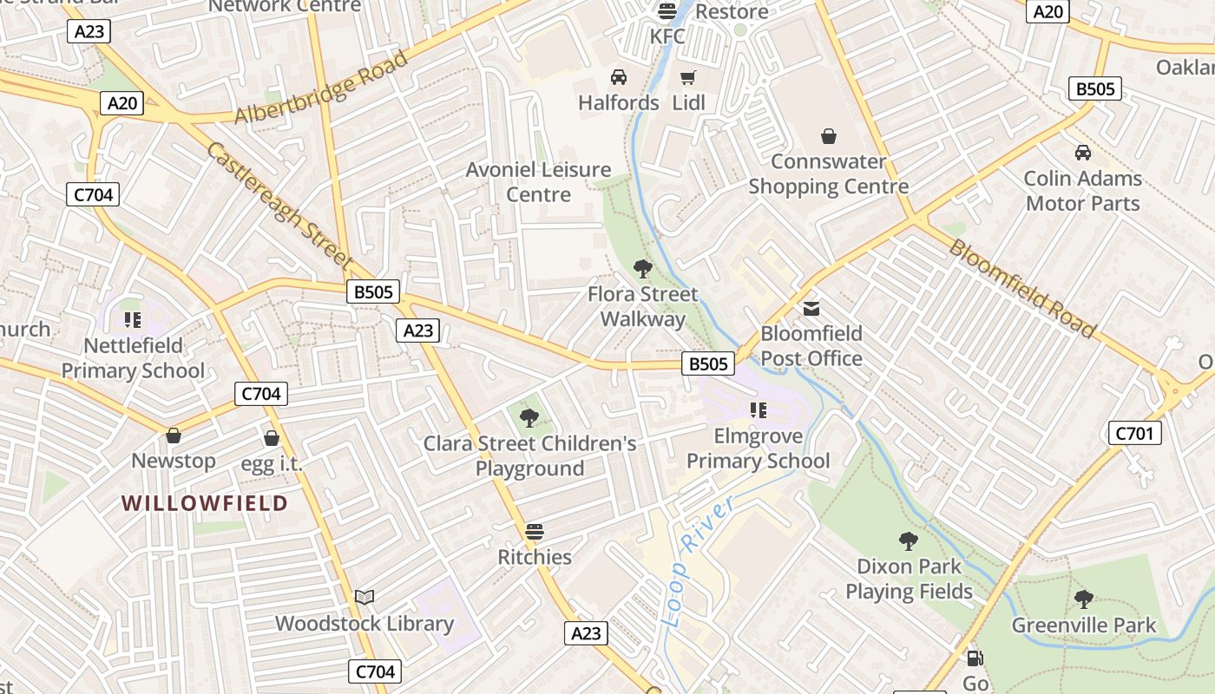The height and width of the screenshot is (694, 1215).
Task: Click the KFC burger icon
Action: click(667, 10)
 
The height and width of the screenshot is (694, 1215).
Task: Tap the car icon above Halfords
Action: click(619, 77)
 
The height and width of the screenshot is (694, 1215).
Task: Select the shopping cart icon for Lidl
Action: click(688, 77)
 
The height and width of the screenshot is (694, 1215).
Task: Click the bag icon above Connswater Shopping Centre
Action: click(829, 135)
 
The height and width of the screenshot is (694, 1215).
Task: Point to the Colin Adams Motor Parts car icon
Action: click(1083, 153)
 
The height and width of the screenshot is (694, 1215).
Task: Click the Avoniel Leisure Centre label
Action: click(538, 181)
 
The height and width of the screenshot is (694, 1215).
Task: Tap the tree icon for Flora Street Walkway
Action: click(642, 268)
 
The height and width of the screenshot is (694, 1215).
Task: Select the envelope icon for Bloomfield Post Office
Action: click(811, 308)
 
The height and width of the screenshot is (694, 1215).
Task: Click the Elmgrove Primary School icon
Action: click(759, 409)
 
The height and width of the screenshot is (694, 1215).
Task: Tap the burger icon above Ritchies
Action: click(535, 531)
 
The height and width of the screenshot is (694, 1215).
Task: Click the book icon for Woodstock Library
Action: click(364, 597)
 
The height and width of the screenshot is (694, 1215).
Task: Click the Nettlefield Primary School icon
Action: click(133, 320)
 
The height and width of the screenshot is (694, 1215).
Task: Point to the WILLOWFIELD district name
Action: click(205, 503)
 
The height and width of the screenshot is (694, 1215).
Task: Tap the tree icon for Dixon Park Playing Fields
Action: click(909, 541)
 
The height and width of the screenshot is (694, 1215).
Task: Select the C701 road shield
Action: click(1134, 433)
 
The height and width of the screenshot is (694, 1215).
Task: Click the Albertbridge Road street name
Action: click(321, 88)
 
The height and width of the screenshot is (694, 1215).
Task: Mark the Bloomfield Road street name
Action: click(1021, 287)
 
